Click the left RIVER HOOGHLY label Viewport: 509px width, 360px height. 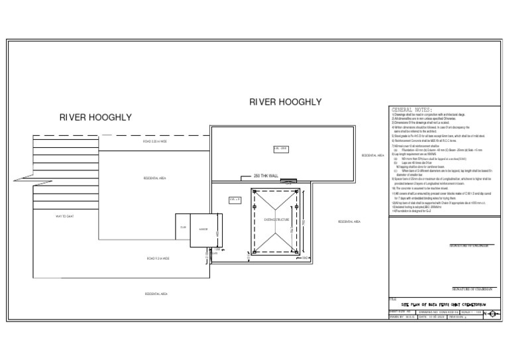coord(95,117)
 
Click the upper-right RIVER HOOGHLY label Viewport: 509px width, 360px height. coord(285,102)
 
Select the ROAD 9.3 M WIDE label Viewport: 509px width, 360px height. coord(158,259)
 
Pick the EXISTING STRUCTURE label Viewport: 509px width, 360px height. coord(276,219)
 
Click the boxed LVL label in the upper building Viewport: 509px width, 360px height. coord(280,149)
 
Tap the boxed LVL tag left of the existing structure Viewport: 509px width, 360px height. coord(235,199)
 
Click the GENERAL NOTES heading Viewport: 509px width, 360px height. coord(412,109)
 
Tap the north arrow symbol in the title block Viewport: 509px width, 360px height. coord(492,313)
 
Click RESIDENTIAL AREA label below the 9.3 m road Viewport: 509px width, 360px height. coord(156,293)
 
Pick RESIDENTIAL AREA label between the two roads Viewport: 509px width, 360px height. coord(154,179)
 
